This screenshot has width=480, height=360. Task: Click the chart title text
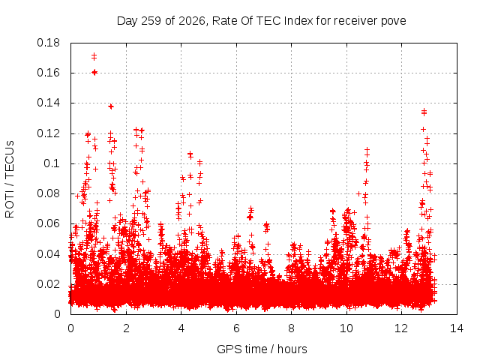click(262, 21)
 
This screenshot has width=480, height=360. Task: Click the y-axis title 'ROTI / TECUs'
click(10, 179)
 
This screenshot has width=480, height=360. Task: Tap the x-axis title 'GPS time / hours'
click(262, 349)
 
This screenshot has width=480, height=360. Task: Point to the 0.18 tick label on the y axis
click(48, 43)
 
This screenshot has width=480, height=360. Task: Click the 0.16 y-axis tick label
click(48, 73)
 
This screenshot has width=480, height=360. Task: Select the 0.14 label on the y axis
click(48, 103)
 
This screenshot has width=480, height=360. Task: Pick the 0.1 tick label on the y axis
click(52, 163)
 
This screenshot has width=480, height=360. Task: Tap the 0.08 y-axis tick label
click(48, 193)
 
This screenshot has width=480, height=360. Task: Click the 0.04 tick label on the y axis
click(48, 254)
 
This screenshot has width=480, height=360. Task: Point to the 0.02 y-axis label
click(48, 284)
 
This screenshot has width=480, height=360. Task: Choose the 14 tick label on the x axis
click(457, 328)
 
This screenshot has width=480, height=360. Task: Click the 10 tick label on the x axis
click(346, 328)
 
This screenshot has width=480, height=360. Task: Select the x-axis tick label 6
click(236, 328)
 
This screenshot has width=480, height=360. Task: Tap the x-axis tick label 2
click(126, 328)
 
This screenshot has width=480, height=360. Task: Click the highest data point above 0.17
click(94, 55)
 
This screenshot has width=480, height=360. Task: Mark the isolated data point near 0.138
click(111, 106)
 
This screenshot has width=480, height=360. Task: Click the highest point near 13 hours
click(424, 111)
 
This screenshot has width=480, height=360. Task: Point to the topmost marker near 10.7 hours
click(367, 150)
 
